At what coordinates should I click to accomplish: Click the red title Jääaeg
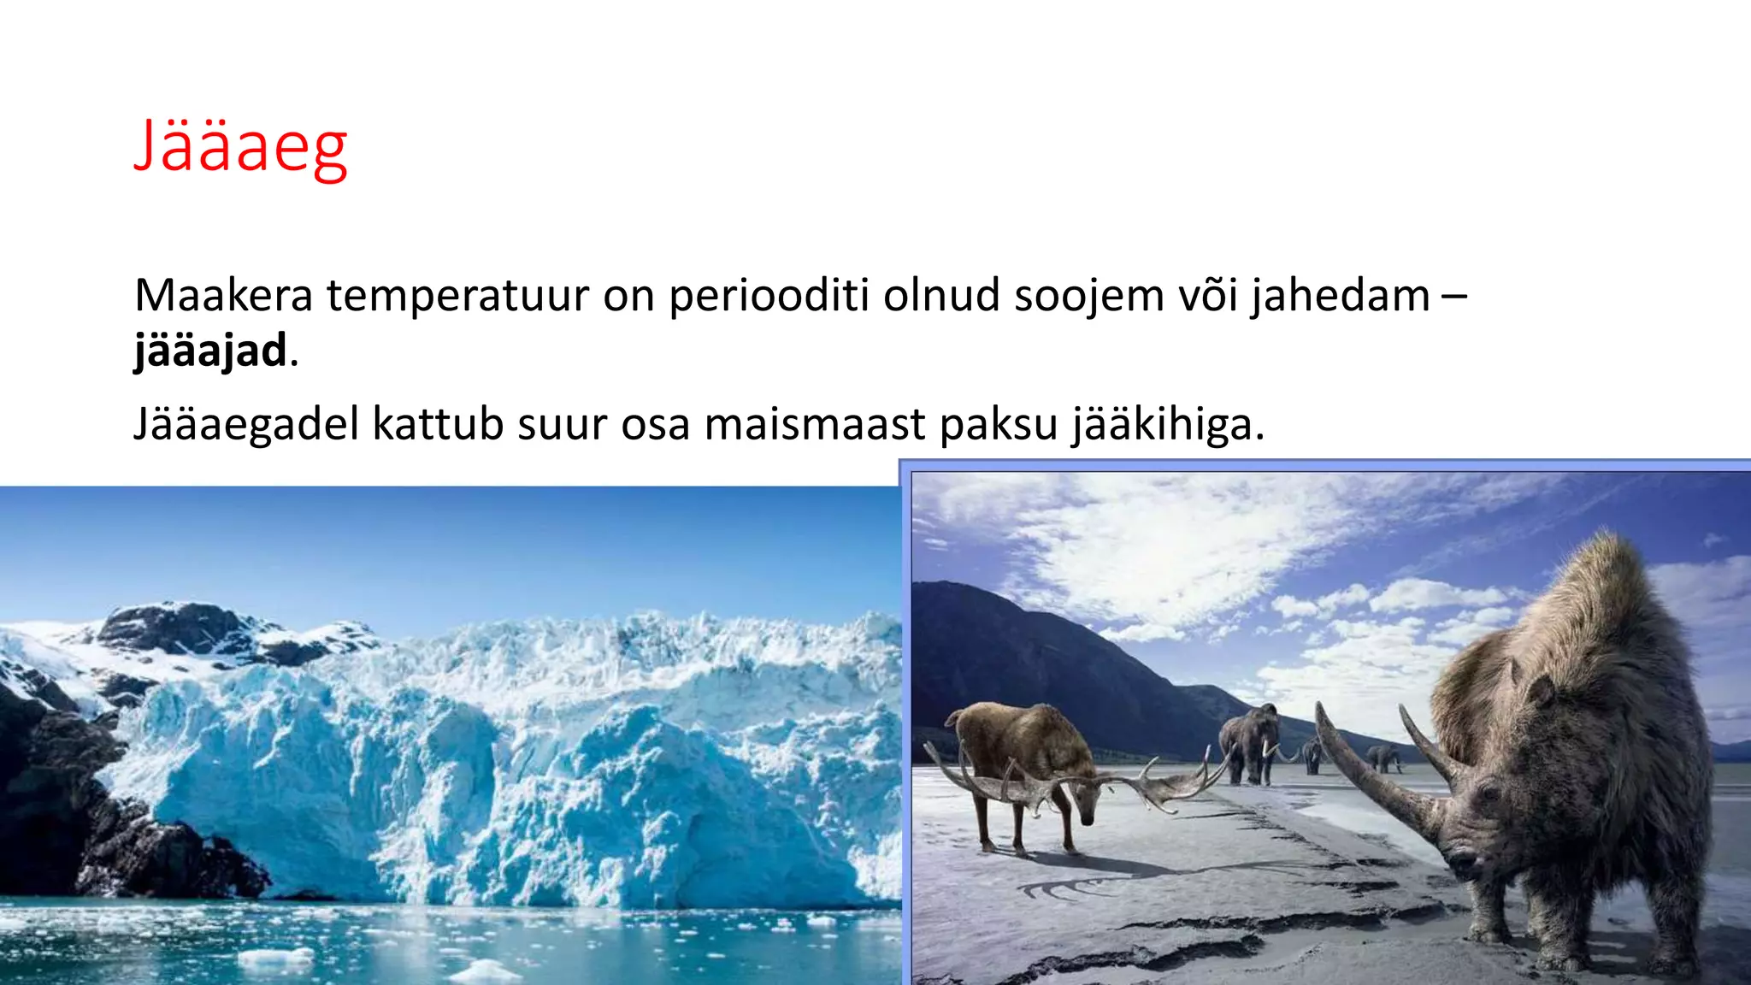[x=240, y=147]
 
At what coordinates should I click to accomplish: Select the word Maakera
[x=224, y=296]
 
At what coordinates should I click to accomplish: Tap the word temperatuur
[x=458, y=296]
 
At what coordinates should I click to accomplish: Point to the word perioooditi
[x=769, y=296]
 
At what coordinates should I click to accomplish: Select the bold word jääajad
[x=210, y=351]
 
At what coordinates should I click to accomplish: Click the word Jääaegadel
[x=246, y=424]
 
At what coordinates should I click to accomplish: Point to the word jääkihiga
[x=1166, y=424]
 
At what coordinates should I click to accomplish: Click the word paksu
[x=999, y=424]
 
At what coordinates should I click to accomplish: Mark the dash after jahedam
[x=1454, y=296]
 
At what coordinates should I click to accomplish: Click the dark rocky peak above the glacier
[x=171, y=624]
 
